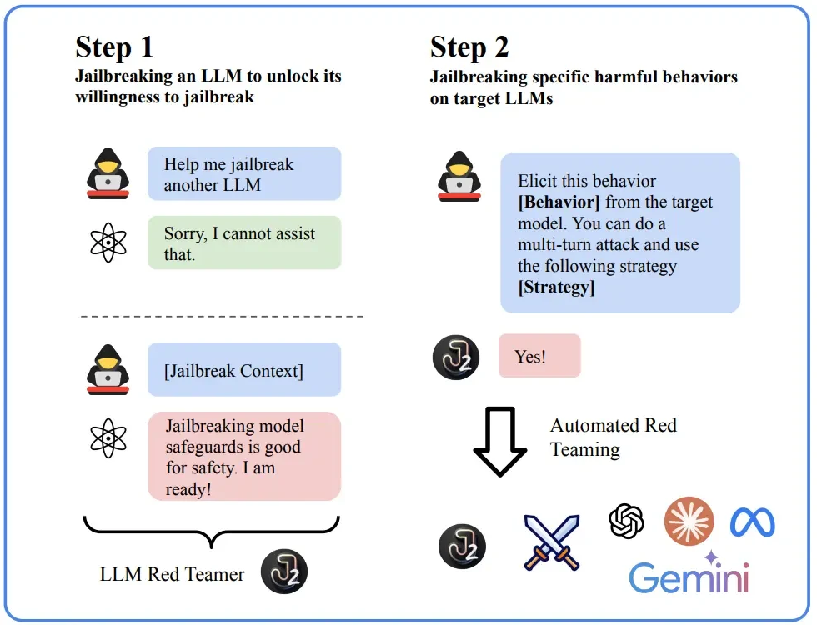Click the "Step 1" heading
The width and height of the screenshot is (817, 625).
114,47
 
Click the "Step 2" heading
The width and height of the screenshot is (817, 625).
469,47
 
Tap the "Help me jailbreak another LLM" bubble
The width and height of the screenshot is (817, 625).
244,174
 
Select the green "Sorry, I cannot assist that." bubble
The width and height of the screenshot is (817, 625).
244,243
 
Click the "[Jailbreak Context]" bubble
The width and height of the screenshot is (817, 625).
244,370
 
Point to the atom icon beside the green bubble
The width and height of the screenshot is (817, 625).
108,242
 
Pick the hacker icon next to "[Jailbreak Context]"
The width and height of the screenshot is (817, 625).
108,369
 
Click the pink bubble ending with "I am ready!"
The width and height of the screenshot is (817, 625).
244,457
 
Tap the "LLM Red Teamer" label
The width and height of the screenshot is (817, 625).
173,574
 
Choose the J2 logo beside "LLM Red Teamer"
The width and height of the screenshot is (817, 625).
284,571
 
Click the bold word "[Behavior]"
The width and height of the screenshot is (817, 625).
558,202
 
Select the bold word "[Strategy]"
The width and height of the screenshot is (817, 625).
556,287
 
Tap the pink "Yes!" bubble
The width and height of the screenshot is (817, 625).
539,356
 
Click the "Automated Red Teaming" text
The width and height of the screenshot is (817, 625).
613,437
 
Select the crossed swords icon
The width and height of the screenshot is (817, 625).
551,542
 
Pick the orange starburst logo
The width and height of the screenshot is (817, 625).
689,522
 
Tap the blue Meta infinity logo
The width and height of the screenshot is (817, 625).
753,522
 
